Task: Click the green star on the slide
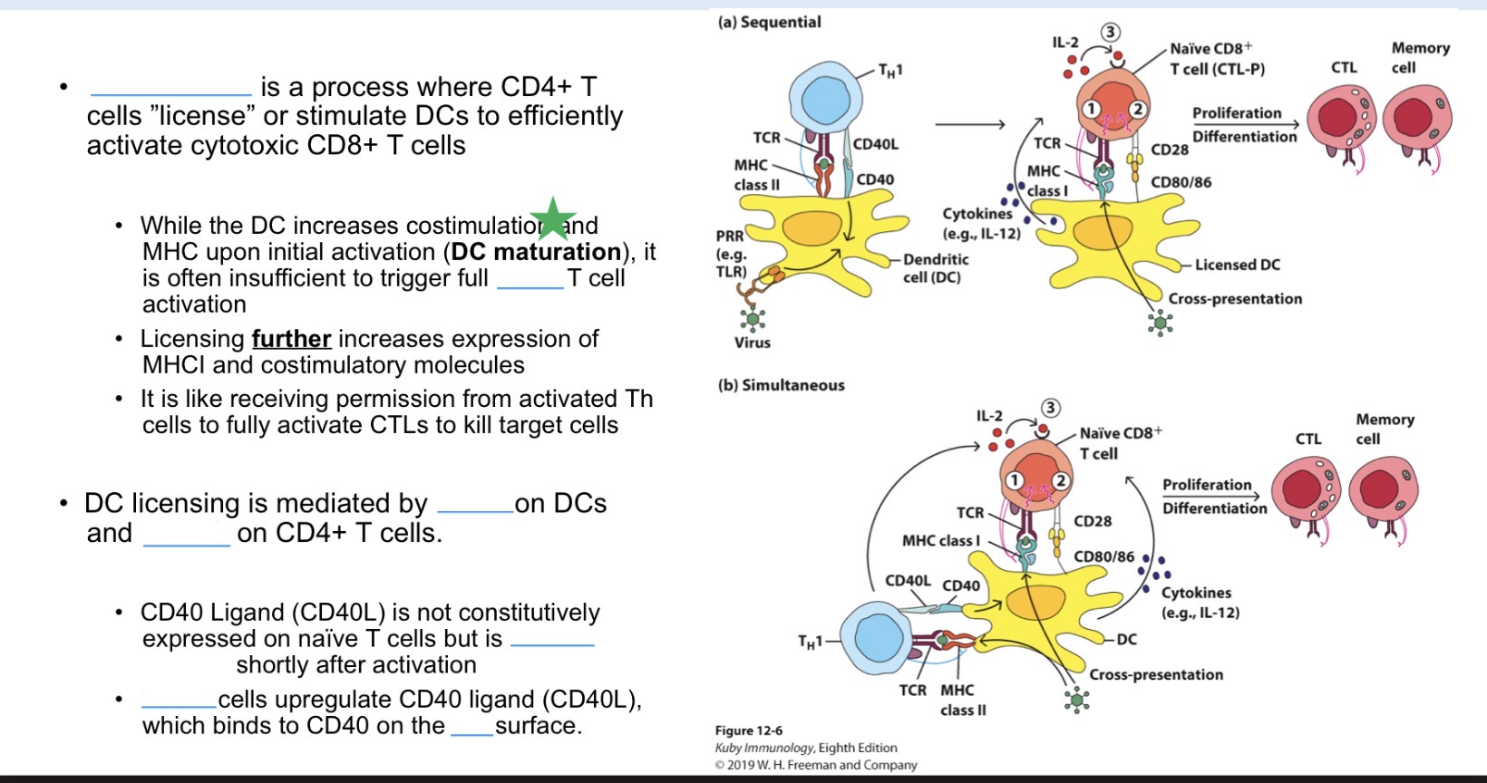[x=553, y=218]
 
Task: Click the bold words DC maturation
[x=536, y=251]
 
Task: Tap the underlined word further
[x=291, y=339]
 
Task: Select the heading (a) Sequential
[x=769, y=22]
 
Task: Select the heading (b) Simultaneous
[x=781, y=385]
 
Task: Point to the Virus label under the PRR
[x=752, y=343]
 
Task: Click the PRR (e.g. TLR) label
[x=731, y=254]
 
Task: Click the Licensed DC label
[x=1237, y=265]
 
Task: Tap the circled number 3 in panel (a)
[x=1109, y=33]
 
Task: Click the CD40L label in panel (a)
[x=875, y=144]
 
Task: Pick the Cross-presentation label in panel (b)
[x=1155, y=674]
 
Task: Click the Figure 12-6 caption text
[x=748, y=730]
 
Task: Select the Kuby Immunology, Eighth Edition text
[x=805, y=748]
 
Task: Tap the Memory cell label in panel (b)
[x=1385, y=429]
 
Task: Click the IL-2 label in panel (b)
[x=988, y=416]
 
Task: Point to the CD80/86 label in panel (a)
[x=1181, y=182]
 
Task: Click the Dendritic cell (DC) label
[x=935, y=268]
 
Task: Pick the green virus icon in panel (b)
[x=1077, y=700]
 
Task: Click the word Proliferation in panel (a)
[x=1236, y=113]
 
